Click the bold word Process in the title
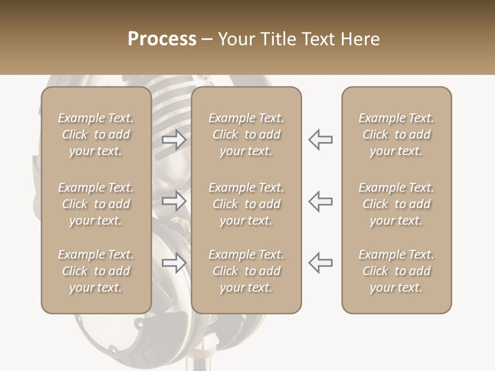point(162,39)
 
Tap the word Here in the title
point(359,39)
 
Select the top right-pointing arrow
point(174,140)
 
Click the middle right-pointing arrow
point(174,200)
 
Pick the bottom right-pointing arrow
point(174,263)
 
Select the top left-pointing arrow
point(320,140)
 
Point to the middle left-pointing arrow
point(320,200)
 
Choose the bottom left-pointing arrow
point(320,263)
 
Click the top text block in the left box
point(96,134)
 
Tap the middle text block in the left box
point(96,204)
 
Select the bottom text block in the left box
point(96,271)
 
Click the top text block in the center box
point(246,134)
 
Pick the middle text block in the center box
point(246,204)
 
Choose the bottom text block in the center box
point(246,271)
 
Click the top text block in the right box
point(397,134)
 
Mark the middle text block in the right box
point(397,204)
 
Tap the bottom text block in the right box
point(397,271)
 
